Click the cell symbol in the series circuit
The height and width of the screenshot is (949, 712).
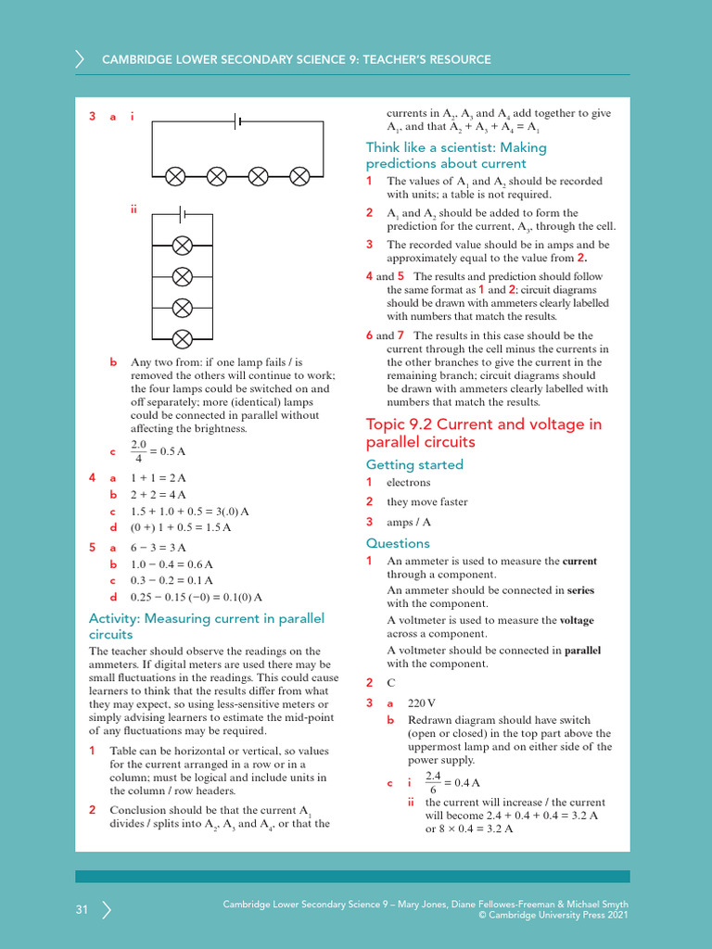pyautogui.click(x=237, y=120)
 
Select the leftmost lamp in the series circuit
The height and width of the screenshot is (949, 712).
pyautogui.click(x=174, y=175)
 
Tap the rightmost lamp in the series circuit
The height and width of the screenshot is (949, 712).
pyautogui.click(x=299, y=175)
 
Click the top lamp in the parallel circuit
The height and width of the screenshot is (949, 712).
pyautogui.click(x=184, y=245)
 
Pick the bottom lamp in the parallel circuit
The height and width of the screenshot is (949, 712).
pyautogui.click(x=184, y=336)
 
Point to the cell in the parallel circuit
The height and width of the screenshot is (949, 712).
pyautogui.click(x=184, y=214)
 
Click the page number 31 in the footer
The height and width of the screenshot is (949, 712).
pyautogui.click(x=82, y=910)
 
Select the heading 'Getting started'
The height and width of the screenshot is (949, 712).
pyautogui.click(x=413, y=464)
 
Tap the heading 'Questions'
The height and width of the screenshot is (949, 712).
pyautogui.click(x=398, y=543)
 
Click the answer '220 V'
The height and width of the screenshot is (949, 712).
pyautogui.click(x=422, y=703)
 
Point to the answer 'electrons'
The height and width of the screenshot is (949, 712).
pyautogui.click(x=409, y=483)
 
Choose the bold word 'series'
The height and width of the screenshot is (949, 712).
pyautogui.click(x=580, y=590)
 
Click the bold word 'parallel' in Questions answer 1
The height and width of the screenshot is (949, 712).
pyautogui.click(x=582, y=651)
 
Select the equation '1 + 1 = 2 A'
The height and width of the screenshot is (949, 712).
pyautogui.click(x=159, y=478)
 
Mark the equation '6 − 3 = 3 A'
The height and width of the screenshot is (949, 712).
pyautogui.click(x=159, y=548)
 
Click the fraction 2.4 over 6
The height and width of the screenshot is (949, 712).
pyautogui.click(x=433, y=782)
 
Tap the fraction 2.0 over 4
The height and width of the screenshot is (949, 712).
pyautogui.click(x=139, y=451)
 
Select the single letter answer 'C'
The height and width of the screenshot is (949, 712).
pyautogui.click(x=391, y=682)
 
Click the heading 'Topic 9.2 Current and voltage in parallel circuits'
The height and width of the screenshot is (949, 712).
pyautogui.click(x=483, y=433)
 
